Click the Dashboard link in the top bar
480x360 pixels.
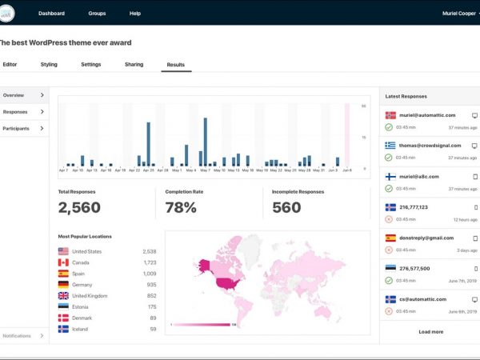51,14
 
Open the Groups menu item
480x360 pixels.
97,14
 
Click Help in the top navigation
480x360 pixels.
135,14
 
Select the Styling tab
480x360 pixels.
49,64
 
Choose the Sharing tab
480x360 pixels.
134,64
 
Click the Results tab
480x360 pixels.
176,64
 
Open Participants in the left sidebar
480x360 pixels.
16,128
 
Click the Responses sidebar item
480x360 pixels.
15,112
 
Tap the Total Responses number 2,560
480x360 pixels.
79,208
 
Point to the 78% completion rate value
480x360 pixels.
181,208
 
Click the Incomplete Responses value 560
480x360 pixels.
286,208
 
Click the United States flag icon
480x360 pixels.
63,251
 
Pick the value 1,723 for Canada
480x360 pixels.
149,262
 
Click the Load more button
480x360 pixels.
430,331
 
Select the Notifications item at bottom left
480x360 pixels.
18,335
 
